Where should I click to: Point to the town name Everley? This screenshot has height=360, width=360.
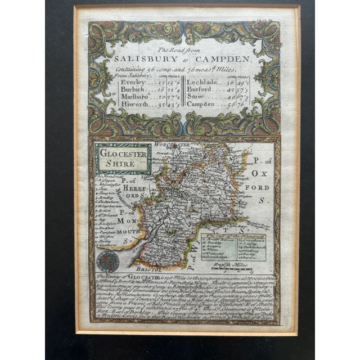coord(132,82)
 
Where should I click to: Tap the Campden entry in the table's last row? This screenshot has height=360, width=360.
coord(203,104)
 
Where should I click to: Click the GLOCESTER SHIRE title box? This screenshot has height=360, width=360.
coord(123,159)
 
